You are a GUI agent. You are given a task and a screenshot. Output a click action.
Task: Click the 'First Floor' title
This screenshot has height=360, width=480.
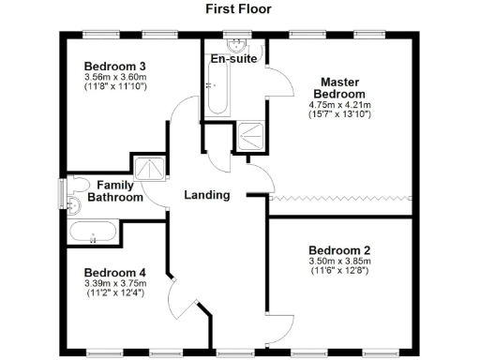[239, 8]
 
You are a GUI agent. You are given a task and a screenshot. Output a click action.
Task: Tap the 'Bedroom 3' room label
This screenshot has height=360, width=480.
[115, 66]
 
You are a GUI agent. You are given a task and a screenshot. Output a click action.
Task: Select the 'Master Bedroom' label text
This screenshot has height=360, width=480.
[339, 88]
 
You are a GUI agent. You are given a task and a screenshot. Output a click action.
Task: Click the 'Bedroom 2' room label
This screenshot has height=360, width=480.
[339, 250]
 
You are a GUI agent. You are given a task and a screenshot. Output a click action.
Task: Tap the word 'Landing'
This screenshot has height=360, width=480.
[207, 195]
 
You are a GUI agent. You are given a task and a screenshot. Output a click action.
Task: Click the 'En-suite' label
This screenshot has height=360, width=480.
[233, 58]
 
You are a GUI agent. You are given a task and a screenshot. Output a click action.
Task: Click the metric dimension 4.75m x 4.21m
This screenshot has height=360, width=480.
[339, 105]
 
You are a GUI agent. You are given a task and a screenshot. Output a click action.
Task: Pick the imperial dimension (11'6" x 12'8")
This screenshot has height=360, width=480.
[339, 272]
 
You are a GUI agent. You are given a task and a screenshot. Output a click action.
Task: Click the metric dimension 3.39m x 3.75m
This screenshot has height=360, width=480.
[115, 282]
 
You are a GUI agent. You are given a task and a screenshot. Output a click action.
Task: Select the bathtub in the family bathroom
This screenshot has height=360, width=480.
[94, 232]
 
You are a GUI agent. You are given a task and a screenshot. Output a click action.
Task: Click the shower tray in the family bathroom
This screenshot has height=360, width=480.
[148, 168]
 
